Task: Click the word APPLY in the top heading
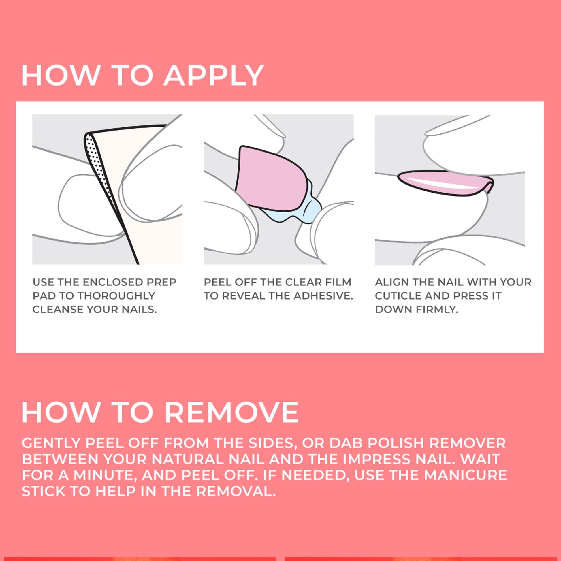click(x=213, y=76)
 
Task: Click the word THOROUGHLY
click(x=116, y=295)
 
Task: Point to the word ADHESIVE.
click(x=323, y=295)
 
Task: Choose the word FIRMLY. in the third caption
click(x=437, y=310)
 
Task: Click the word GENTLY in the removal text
click(x=51, y=443)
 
